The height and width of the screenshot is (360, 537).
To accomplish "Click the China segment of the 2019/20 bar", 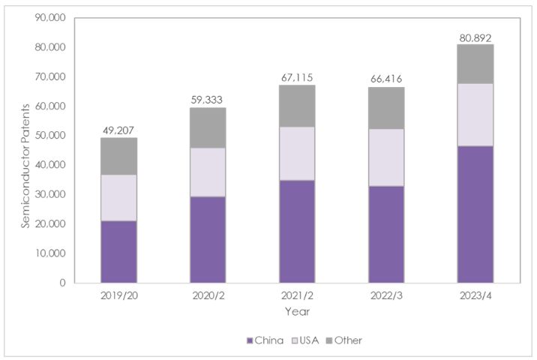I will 118,251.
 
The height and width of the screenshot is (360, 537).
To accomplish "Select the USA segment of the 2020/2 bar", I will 208,172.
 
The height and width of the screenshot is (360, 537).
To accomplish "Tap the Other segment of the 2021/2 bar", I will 297,106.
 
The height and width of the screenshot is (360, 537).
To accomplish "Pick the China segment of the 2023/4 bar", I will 475,214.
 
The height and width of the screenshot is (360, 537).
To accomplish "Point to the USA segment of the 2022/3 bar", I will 386,157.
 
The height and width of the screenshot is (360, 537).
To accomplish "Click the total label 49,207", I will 118,130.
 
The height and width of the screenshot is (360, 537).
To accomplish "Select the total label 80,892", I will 475,37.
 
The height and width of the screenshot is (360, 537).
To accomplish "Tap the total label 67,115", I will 297,78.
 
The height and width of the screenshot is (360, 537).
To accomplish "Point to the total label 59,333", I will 208,100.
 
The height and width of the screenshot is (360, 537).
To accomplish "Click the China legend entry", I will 265,340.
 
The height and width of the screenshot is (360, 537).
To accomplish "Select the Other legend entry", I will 344,340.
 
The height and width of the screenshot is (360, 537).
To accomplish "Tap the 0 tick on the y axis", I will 63,283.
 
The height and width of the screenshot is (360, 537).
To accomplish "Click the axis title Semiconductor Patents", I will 25,150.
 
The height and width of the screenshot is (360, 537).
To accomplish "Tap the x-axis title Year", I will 297,310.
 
